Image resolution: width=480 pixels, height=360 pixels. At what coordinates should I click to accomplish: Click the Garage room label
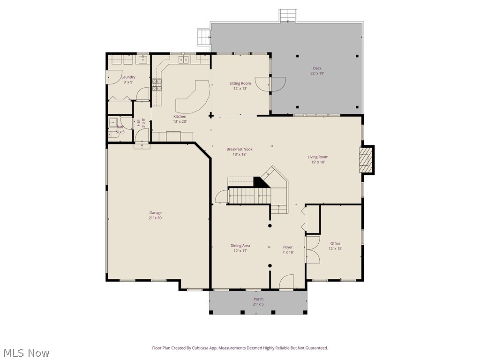click(x=156, y=213)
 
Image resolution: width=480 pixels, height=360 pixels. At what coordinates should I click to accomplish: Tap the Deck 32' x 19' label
click(x=317, y=68)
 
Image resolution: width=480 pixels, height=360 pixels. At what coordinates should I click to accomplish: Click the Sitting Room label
click(x=240, y=83)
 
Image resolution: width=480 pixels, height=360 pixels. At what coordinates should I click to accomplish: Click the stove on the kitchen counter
click(x=157, y=85)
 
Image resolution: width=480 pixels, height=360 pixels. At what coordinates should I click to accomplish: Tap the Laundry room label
click(x=128, y=77)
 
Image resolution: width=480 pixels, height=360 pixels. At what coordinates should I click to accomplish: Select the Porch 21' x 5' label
click(x=258, y=299)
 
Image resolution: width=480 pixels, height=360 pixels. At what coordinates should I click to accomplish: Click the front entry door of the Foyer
click(x=286, y=283)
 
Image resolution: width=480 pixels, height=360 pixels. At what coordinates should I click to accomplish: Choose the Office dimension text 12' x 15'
click(x=335, y=249)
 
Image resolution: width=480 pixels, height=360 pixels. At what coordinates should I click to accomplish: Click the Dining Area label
click(x=240, y=246)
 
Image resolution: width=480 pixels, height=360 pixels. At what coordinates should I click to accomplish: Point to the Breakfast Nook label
click(x=240, y=150)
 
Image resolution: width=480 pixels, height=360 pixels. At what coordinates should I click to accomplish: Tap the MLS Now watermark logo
click(x=26, y=352)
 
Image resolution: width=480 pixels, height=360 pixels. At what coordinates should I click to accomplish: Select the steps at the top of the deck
click(x=287, y=15)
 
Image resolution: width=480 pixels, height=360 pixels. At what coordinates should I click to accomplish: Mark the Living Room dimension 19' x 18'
click(x=318, y=162)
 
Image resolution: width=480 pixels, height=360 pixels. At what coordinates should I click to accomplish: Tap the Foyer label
click(x=288, y=247)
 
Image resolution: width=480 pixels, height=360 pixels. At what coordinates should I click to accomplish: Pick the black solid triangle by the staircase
click(x=261, y=182)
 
